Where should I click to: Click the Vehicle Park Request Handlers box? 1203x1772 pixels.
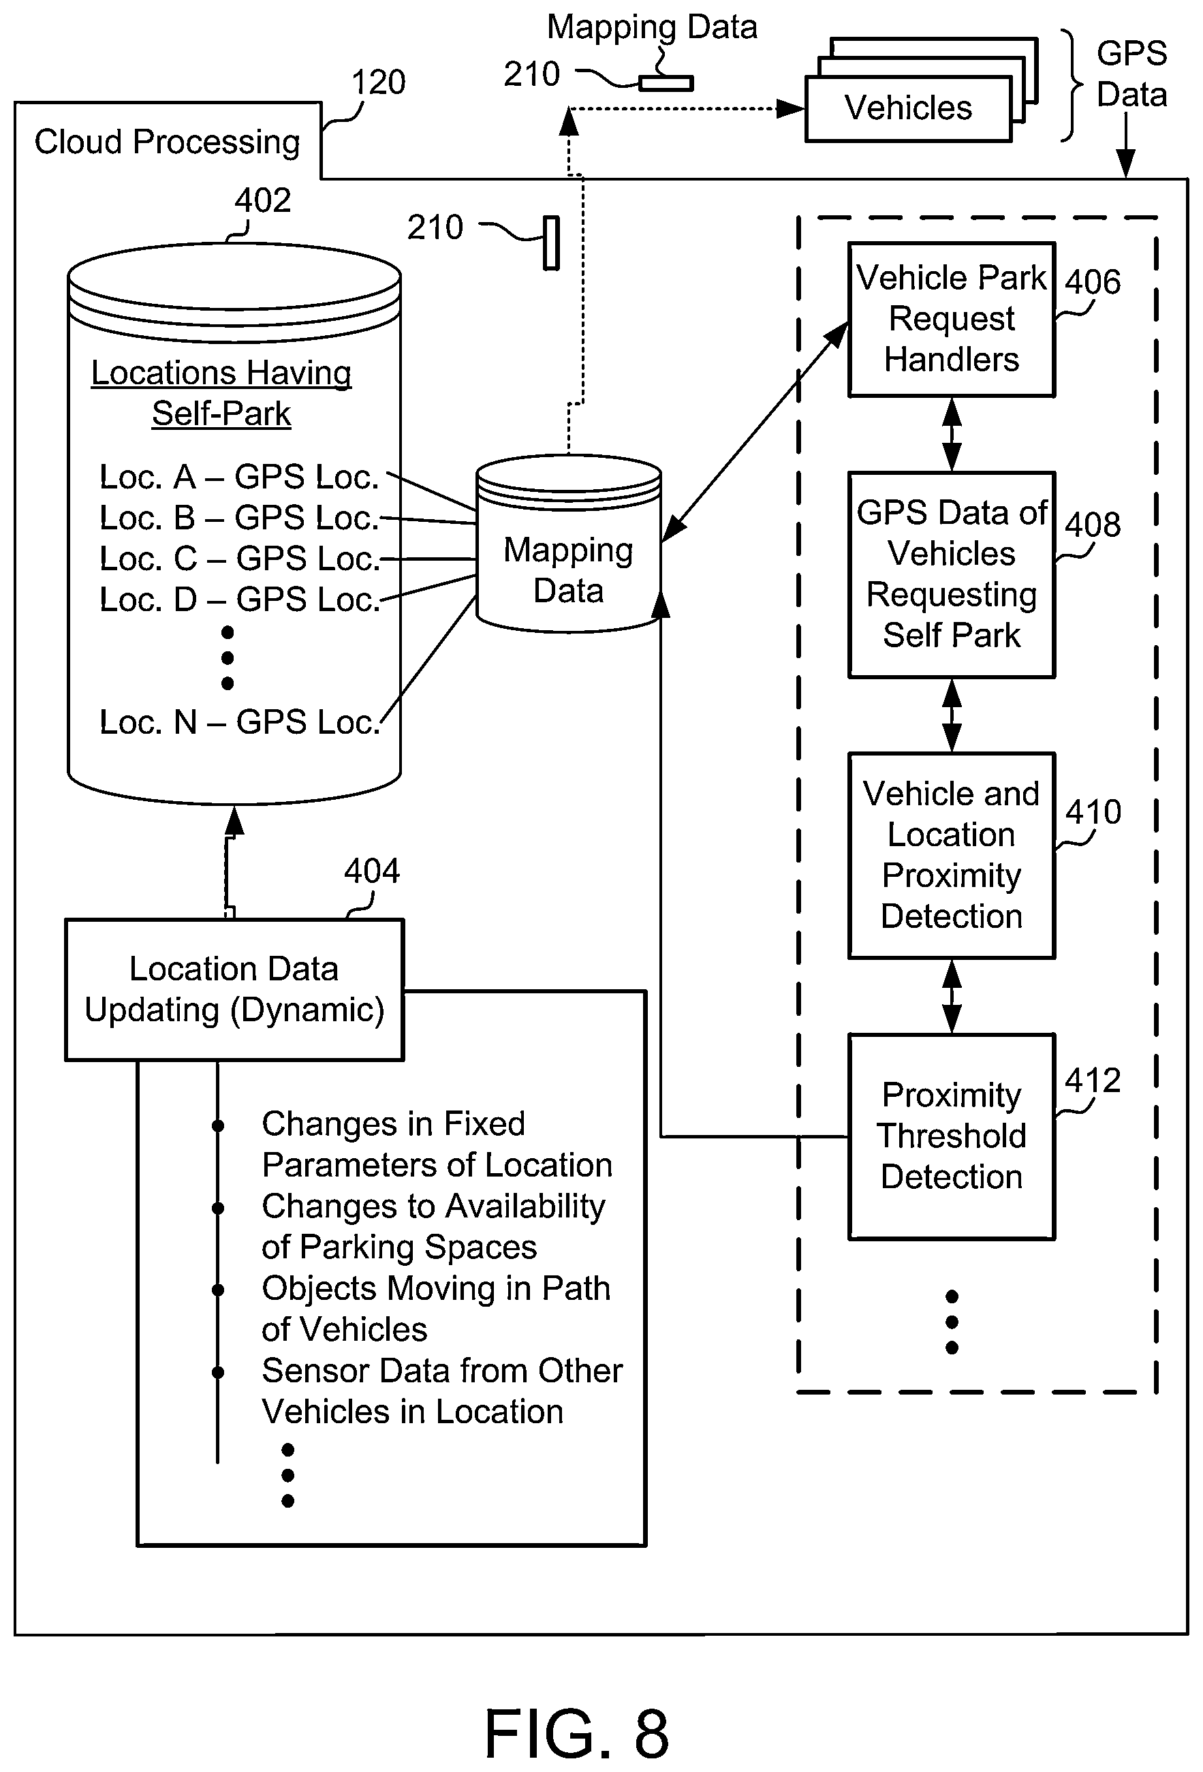click(952, 320)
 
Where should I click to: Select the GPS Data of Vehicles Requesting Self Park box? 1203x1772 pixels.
click(952, 574)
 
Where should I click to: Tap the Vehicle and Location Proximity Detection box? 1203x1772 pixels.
click(952, 855)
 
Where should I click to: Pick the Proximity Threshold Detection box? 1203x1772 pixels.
click(952, 1136)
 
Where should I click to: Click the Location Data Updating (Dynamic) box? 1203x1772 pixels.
click(234, 990)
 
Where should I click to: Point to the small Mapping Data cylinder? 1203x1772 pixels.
click(568, 544)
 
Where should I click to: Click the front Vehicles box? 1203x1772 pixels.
click(908, 108)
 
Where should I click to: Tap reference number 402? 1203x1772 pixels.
click(262, 200)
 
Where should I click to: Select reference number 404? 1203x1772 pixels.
click(371, 871)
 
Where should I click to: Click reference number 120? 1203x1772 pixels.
click(378, 82)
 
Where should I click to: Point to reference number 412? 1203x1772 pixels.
click(1093, 1081)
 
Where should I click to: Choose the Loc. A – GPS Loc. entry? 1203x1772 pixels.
click(239, 476)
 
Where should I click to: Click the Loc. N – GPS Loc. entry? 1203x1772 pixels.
click(239, 722)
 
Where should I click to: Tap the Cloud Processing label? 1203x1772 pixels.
click(167, 142)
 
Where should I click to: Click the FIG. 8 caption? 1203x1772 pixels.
click(577, 1733)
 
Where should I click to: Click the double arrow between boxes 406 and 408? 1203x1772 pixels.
click(952, 435)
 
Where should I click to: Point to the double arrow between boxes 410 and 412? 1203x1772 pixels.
click(952, 996)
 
